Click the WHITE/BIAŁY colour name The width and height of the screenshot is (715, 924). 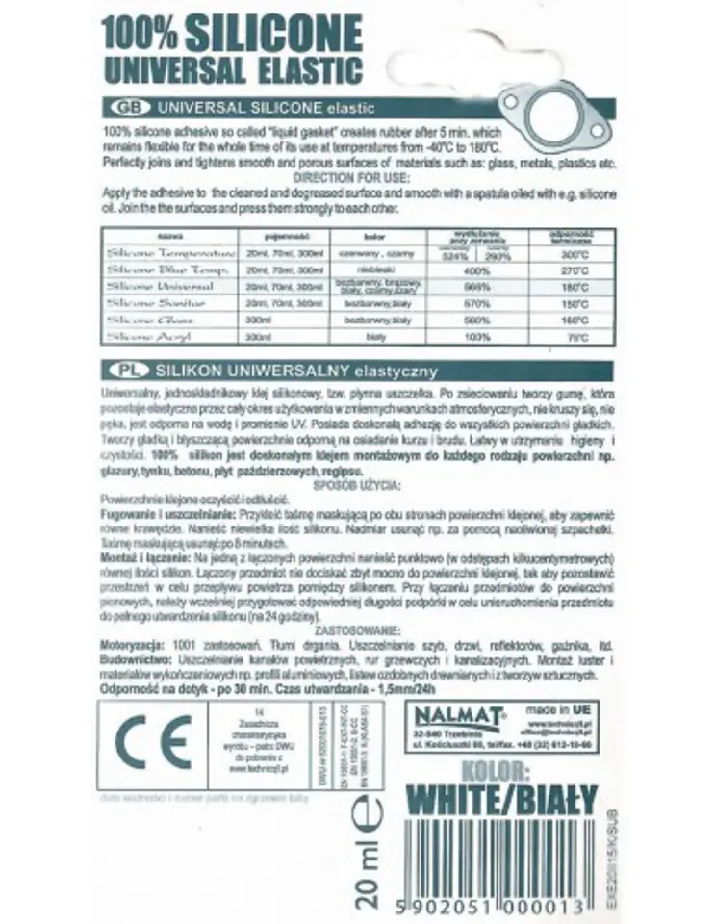coord(501,800)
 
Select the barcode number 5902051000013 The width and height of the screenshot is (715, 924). coord(499,907)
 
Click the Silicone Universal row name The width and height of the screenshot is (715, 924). coord(157,287)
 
